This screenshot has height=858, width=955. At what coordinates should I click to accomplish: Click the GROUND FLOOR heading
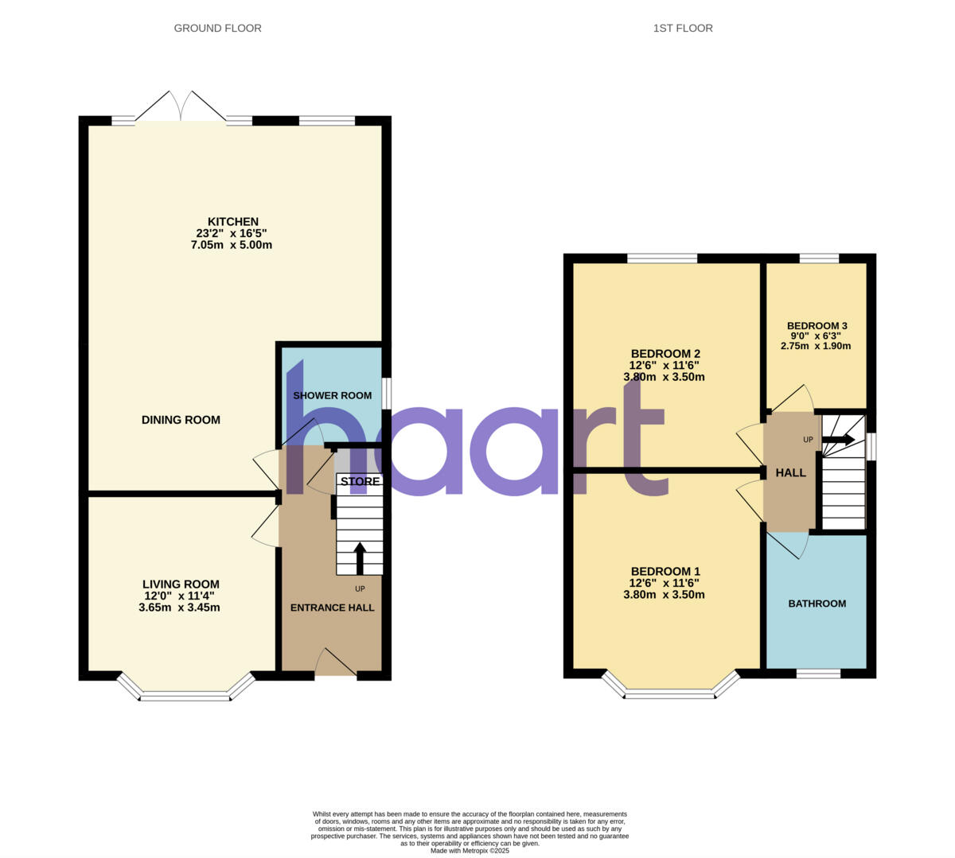[x=217, y=28]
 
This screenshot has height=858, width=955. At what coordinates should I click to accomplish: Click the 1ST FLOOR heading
[x=683, y=28]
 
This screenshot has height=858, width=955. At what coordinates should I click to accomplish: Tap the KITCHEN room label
[x=232, y=222]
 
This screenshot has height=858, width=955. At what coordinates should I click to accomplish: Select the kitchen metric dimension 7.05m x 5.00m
[x=231, y=245]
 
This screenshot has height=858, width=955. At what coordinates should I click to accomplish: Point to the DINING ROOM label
[x=181, y=420]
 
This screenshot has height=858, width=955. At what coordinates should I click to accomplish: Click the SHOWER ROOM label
[x=332, y=395]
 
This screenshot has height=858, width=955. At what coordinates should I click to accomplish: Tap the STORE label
[x=360, y=481]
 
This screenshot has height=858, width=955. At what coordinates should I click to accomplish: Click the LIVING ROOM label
[x=181, y=584]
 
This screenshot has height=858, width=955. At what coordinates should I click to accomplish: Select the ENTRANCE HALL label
[x=332, y=608]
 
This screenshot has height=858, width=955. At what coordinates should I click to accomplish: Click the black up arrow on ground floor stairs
[x=359, y=557]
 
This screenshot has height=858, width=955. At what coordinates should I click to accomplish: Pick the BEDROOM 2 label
[x=665, y=354]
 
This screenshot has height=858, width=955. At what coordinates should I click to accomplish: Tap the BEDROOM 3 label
[x=817, y=326]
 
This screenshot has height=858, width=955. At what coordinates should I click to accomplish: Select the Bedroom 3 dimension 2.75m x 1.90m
[x=817, y=346]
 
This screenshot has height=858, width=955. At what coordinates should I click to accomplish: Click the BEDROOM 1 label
[x=665, y=571]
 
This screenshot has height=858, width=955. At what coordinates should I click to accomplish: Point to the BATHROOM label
[x=817, y=604]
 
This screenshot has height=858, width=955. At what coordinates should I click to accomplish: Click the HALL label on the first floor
[x=790, y=472]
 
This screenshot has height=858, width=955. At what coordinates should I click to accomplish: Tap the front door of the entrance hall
[x=336, y=664]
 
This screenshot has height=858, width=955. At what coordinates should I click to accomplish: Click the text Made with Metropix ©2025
[x=470, y=850]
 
